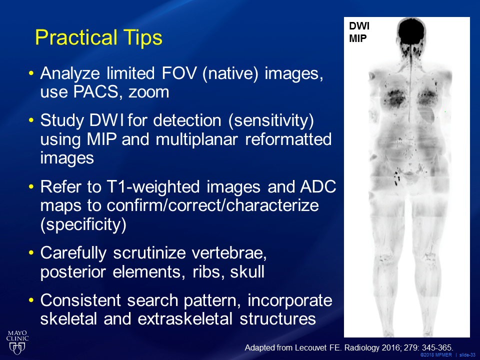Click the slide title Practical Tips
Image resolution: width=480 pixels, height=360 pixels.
coord(98,38)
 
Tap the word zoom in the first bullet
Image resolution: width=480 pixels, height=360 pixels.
coord(149,92)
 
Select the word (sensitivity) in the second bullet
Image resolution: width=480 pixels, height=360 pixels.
coord(271,120)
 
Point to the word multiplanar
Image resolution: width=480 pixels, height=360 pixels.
coord(196,139)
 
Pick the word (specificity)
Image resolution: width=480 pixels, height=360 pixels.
coord(83,224)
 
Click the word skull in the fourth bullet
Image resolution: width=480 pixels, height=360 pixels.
coord(247,272)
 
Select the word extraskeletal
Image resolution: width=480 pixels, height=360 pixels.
coord(185,318)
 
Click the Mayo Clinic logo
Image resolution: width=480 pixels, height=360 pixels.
coord(17,342)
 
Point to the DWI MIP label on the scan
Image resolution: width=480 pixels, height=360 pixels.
coord(359,32)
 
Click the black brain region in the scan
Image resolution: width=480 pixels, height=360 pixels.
coord(411,32)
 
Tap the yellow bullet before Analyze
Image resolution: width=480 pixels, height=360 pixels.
coord(30,73)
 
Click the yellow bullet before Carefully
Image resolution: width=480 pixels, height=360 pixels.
coord(30,253)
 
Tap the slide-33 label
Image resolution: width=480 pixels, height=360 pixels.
coord(467,355)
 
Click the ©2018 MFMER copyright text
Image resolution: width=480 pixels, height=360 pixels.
coord(435,355)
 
